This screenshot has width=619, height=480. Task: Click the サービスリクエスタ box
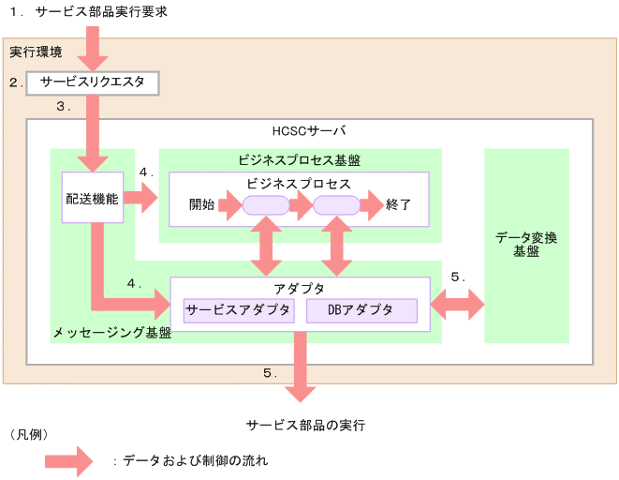(93, 82)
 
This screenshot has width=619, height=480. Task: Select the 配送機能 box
(93, 199)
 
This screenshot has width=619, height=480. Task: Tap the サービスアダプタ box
(239, 310)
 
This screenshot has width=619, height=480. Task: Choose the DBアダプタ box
(361, 310)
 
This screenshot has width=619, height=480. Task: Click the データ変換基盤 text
(525, 245)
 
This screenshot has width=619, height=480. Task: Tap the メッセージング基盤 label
(111, 333)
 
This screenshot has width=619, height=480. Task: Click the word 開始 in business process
(201, 204)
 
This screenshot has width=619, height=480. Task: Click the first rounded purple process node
(266, 204)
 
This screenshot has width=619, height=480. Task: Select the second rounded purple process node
(336, 204)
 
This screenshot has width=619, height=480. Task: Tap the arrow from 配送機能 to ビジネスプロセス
(140, 199)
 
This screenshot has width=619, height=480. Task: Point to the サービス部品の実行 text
(305, 425)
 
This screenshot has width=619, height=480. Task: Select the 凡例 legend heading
(28, 436)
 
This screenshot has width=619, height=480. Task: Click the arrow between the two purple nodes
(301, 204)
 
